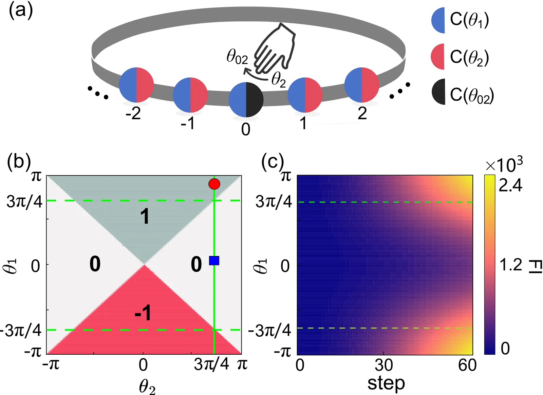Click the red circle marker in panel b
(x=214, y=184)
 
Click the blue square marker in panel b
(x=214, y=260)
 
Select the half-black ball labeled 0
(x=246, y=100)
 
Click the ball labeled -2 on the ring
(x=136, y=85)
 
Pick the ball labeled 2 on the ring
(x=362, y=85)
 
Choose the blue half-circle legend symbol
(x=438, y=20)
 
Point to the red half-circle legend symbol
(x=438, y=56)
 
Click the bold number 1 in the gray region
(x=145, y=216)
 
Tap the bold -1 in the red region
(x=143, y=313)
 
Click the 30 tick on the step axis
(x=384, y=365)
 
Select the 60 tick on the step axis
(x=467, y=365)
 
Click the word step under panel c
(x=386, y=383)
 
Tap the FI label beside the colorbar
(x=536, y=266)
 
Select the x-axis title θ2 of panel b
(x=147, y=387)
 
